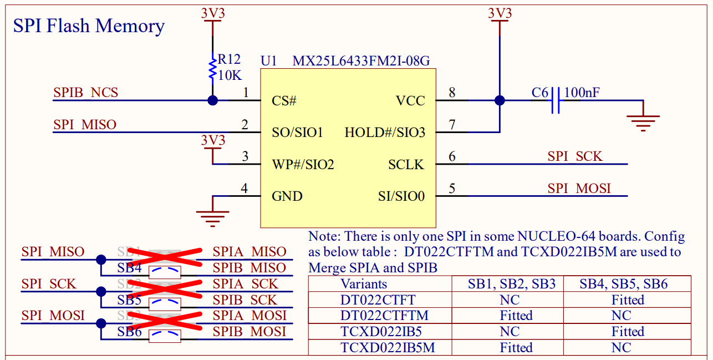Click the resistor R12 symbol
click(212, 68)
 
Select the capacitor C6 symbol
click(556, 100)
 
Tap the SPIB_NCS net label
click(86, 93)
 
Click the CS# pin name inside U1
click(284, 101)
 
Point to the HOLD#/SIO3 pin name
click(385, 133)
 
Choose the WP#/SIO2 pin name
click(303, 165)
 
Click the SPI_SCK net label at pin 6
click(574, 156)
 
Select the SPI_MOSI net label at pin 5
click(579, 189)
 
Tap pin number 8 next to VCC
click(452, 93)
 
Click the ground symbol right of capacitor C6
click(643, 121)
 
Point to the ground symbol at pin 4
click(212, 217)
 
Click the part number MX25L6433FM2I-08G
click(361, 60)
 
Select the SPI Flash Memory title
click(89, 26)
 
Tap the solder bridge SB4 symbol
click(165, 271)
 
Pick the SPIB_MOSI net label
click(249, 332)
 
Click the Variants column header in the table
click(364, 284)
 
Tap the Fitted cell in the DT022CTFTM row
click(516, 316)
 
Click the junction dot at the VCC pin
click(500, 100)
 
